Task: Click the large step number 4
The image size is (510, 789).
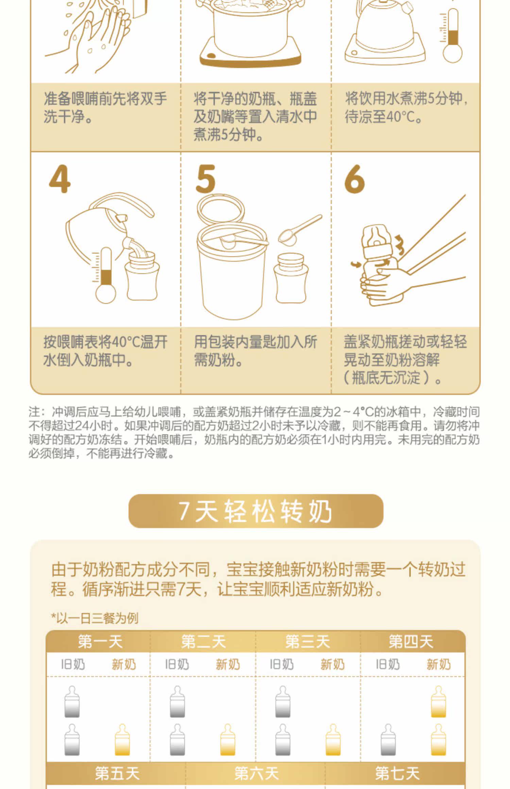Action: click(x=60, y=179)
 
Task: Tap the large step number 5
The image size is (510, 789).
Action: click(x=206, y=179)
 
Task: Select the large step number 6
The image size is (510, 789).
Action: click(x=354, y=179)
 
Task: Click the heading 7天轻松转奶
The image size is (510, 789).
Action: click(x=256, y=511)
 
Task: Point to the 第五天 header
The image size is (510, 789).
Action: click(x=117, y=773)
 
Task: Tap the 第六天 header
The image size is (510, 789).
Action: click(x=256, y=773)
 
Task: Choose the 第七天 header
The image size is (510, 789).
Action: click(x=397, y=773)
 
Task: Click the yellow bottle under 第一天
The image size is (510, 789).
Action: click(x=122, y=740)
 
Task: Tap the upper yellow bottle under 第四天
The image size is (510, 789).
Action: click(x=438, y=701)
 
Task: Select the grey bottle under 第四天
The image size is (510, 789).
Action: click(x=388, y=740)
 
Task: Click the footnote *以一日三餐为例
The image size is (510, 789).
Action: click(x=95, y=618)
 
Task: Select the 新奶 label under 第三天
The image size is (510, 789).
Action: click(x=333, y=664)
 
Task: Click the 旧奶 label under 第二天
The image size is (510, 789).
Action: click(x=177, y=664)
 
